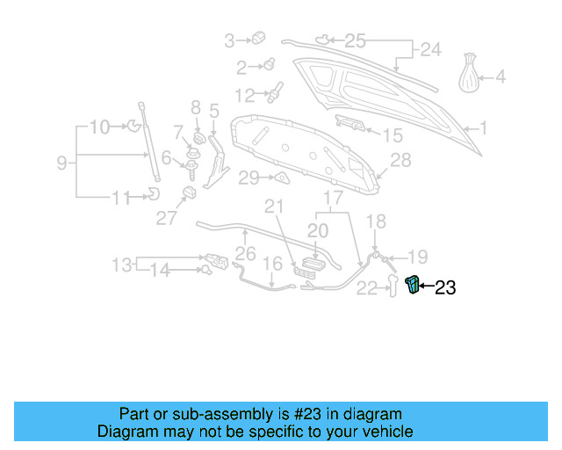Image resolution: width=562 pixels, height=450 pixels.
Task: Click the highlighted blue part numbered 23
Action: point(412,285)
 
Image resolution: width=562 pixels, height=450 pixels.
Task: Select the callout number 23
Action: point(445,287)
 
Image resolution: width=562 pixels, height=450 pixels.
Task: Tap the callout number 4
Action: point(501,77)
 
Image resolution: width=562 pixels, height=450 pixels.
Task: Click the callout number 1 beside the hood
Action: point(482,128)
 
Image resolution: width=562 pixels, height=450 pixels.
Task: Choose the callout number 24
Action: point(429,50)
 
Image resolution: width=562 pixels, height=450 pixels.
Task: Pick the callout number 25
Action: point(354,40)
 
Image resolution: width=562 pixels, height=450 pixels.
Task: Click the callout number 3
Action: point(230,40)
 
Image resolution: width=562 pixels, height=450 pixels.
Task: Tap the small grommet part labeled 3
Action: point(259,37)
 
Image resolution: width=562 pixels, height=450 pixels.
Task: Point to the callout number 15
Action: point(392,135)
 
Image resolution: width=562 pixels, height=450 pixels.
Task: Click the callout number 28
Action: point(400,160)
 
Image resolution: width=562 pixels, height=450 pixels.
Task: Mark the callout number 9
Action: point(61,162)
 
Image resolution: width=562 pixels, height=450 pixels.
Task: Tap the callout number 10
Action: point(100,127)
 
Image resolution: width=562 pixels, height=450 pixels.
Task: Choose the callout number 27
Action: point(167,219)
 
